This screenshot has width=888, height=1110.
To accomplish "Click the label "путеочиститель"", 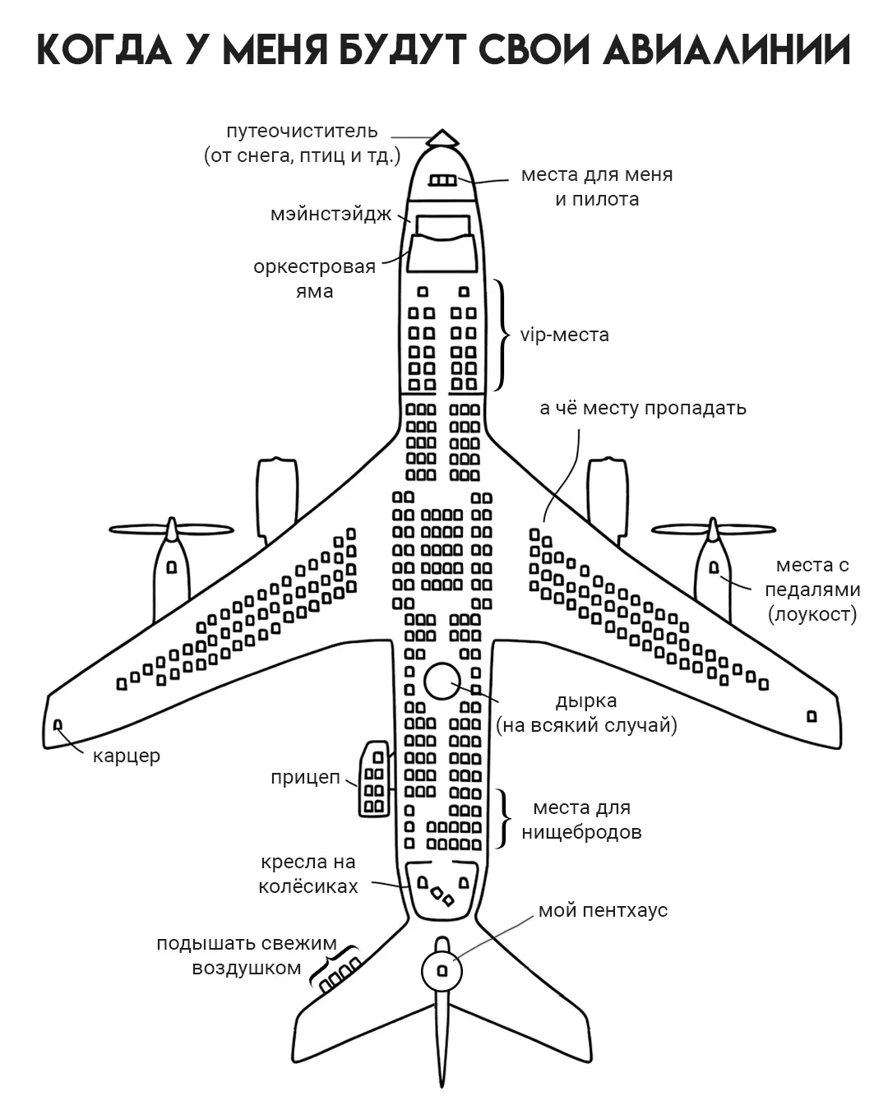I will (302, 131).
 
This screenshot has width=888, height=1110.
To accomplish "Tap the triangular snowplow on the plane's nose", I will (442, 137).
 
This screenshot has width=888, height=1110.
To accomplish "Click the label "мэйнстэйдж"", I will (332, 215).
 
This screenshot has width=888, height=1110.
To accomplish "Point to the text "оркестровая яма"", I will (314, 278).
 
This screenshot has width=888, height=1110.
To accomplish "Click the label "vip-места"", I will (565, 335).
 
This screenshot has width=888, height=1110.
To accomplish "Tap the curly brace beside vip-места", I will (500, 335).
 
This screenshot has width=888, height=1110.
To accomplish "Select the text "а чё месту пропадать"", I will (642, 408).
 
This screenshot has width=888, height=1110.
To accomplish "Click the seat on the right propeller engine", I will (714, 567).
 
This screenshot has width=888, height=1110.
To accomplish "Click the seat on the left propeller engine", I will (171, 567).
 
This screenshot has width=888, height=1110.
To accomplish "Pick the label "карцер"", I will (126, 756).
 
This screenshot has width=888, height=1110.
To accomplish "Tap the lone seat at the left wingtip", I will (58, 724).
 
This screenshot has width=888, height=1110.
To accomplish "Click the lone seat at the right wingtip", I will (812, 716).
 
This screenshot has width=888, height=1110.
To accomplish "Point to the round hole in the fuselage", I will (442, 681).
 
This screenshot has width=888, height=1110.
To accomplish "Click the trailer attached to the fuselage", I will (374, 779).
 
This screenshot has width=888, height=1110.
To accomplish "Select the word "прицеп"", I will (305, 777).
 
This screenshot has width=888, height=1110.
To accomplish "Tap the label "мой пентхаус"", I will (603, 910).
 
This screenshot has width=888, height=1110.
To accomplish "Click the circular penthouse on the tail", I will (442, 971).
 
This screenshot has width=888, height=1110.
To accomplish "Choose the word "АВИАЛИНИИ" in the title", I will (726, 51).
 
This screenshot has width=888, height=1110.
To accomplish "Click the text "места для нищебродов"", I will (581, 820).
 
